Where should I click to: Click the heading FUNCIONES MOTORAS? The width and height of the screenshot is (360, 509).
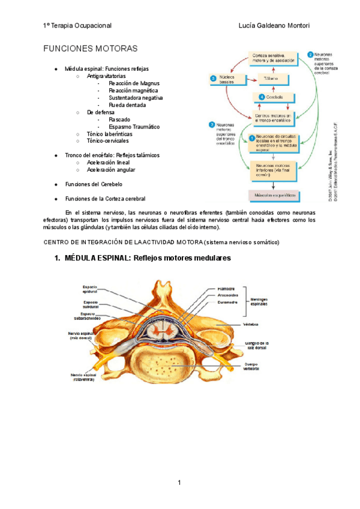coord(91,48)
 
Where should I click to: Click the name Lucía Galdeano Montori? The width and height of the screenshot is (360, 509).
coord(274,26)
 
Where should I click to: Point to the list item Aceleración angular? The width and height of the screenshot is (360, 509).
coord(111,170)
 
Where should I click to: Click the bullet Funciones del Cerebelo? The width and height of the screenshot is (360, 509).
coord(94,184)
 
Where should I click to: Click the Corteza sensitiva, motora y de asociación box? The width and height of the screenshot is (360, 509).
coord(273,58)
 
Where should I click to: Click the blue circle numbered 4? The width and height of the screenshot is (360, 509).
coord(262,97)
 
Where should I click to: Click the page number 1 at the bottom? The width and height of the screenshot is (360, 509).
coord(179,483)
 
